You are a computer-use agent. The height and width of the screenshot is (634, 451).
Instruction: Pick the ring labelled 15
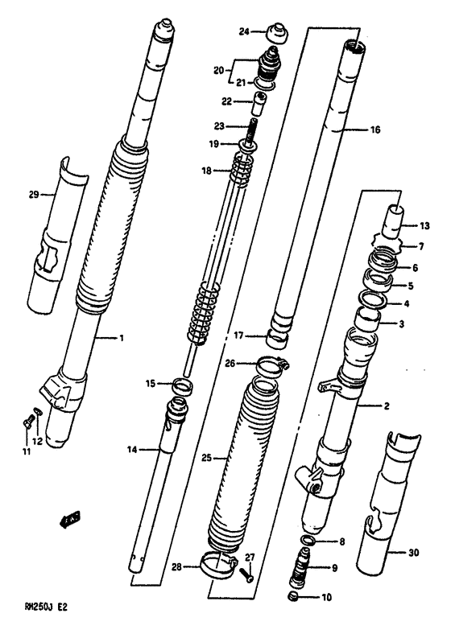pyautogui.click(x=184, y=385)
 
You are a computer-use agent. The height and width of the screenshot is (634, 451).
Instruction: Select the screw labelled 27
pyautogui.click(x=247, y=573)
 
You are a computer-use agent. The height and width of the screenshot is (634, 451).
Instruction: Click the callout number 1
pyautogui.click(x=121, y=339)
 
